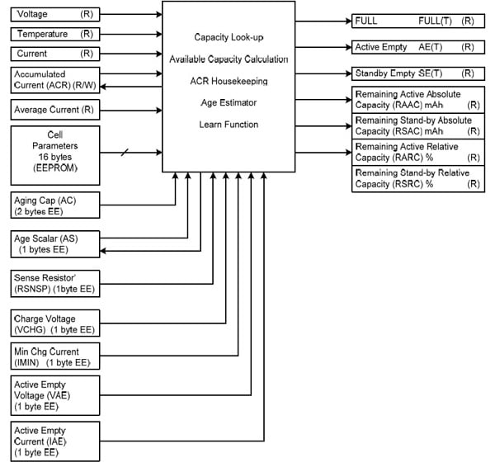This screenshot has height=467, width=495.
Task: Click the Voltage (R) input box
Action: click(55, 15)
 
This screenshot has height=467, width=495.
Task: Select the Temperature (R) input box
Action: click(55, 35)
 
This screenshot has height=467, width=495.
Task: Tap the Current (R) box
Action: click(55, 54)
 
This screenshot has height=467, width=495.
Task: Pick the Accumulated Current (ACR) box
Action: click(55, 80)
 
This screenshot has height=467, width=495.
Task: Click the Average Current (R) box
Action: click(55, 109)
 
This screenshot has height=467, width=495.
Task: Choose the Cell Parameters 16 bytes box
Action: click(55, 155)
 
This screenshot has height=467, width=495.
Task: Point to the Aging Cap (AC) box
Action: click(55, 204)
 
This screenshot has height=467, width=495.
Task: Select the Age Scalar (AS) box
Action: click(55, 242)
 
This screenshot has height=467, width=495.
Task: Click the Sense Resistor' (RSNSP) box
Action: click(55, 281)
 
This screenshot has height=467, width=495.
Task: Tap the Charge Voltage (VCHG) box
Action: click(55, 323)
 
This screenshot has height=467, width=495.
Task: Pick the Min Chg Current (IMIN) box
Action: click(55, 356)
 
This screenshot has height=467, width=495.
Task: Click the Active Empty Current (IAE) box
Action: click(55, 441)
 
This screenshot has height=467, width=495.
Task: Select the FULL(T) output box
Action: click(417, 20)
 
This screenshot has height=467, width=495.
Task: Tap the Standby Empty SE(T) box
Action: click(417, 73)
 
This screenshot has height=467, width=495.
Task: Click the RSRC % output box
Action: click(417, 179)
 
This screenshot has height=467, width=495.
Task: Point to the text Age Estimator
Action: click(229, 103)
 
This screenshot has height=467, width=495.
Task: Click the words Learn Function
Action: click(229, 125)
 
